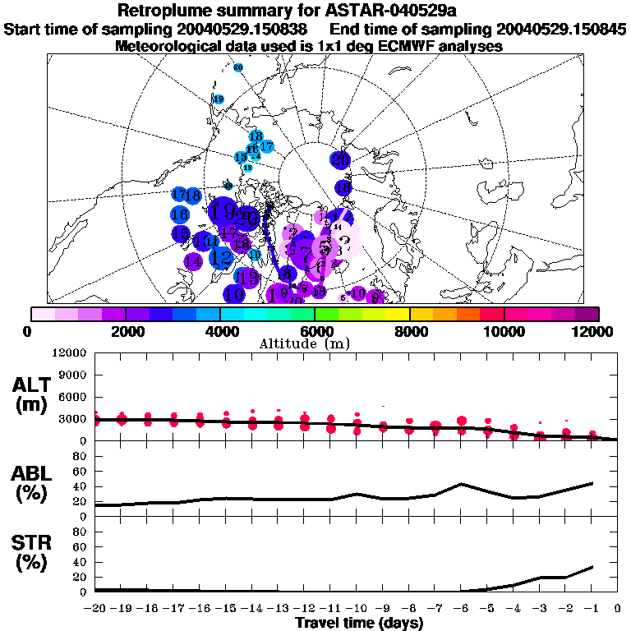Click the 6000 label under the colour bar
pos(315,331)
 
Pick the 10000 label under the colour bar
pos(504,331)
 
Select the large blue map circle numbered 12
pos(220,258)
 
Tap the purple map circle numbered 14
pos(193,261)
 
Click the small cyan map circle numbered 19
pos(219,99)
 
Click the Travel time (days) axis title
pos(359,623)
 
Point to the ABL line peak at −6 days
pos(462,484)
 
